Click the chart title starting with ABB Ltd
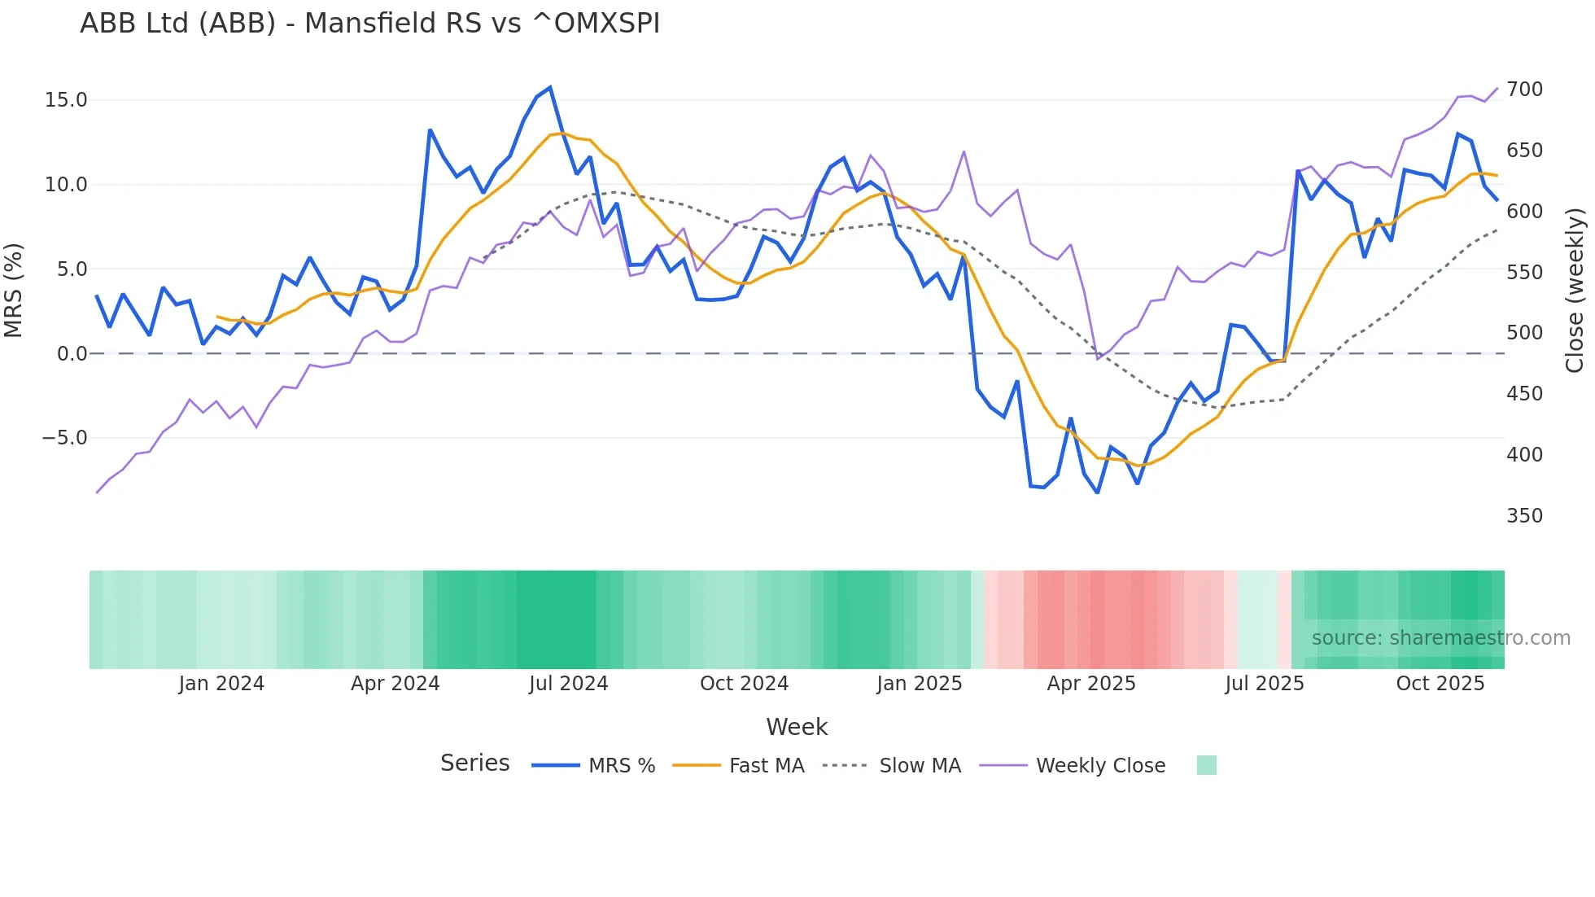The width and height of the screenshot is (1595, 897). tap(369, 24)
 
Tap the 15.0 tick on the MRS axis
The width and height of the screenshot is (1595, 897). tap(66, 100)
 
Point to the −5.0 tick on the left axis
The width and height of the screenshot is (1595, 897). tap(64, 438)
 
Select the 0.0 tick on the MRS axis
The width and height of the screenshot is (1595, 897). tap(72, 354)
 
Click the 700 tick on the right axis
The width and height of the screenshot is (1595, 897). tap(1524, 90)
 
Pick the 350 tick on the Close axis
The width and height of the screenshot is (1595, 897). tap(1524, 516)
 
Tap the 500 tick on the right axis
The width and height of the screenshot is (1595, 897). tap(1524, 333)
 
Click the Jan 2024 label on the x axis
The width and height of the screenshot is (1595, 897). tap(221, 684)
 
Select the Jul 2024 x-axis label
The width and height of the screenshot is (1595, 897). tap(568, 684)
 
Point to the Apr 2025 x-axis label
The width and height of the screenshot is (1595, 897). tap(1090, 684)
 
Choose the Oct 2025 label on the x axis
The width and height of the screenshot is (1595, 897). tap(1440, 684)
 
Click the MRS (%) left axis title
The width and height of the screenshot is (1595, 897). tap(14, 291)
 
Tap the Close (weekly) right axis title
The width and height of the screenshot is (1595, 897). tap(1575, 291)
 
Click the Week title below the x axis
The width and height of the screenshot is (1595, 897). tap(797, 727)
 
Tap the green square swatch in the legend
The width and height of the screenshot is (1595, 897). tap(1206, 765)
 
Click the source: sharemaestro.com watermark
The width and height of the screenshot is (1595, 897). tap(1440, 638)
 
